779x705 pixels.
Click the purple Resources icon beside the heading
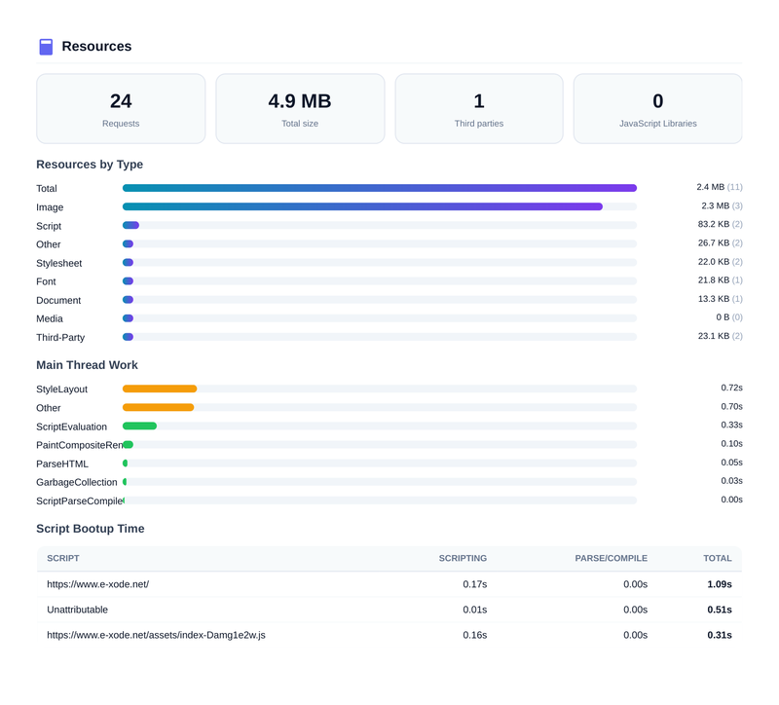[46, 47]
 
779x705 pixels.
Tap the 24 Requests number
[121, 101]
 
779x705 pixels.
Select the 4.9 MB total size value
[300, 101]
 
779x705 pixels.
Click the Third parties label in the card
[479, 124]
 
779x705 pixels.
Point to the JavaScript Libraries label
[657, 124]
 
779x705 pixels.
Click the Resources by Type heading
[90, 165]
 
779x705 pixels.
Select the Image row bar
[362, 206]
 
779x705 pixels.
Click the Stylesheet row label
[59, 263]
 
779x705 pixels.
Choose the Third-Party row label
[60, 337]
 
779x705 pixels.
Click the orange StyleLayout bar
[160, 389]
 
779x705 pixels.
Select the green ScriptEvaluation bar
[139, 426]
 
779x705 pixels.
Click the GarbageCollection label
[77, 482]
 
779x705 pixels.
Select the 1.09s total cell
[719, 584]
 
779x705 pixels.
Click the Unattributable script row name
[77, 610]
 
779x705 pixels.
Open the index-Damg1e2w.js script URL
[156, 635]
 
